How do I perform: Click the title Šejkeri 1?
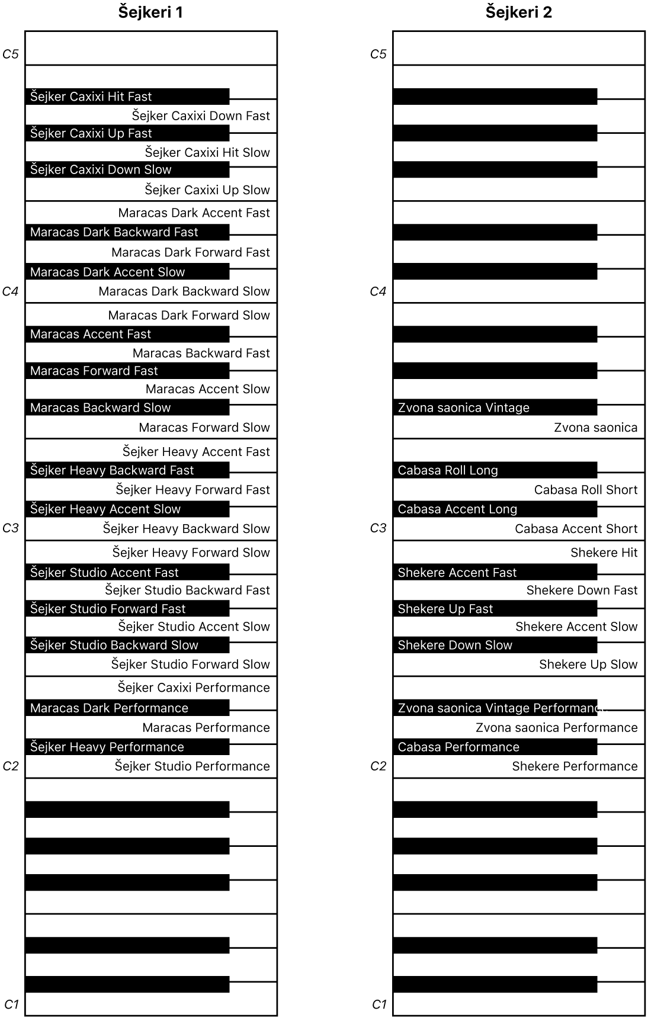150,12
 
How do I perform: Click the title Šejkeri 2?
518,12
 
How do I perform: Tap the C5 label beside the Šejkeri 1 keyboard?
11,54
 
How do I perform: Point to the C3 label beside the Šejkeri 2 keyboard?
378,528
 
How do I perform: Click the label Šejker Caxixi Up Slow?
207,190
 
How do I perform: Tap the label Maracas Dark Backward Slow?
184,291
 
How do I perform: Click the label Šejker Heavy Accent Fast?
196,452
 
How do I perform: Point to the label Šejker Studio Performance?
192,766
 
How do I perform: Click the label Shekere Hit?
604,553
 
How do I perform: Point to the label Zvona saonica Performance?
556,728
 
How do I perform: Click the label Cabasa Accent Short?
576,529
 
